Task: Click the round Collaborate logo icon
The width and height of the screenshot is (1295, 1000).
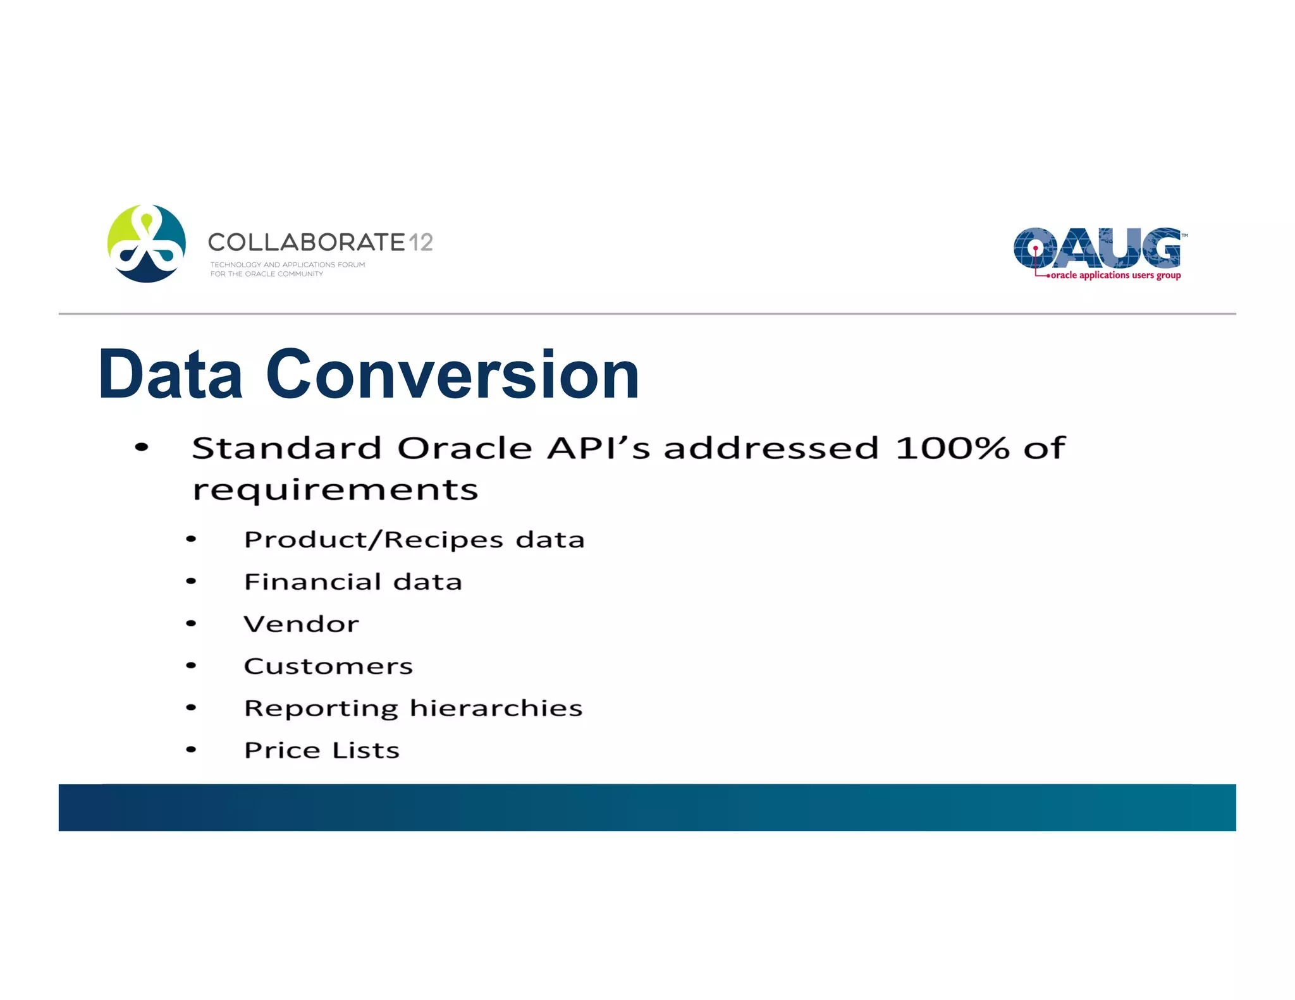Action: click(x=147, y=243)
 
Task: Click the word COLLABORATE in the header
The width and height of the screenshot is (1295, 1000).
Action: click(x=306, y=242)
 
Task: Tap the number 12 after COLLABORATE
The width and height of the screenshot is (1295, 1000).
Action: click(x=420, y=242)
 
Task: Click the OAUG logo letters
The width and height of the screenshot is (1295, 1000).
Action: click(x=1097, y=248)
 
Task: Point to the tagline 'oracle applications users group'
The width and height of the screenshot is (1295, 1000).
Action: click(x=1115, y=276)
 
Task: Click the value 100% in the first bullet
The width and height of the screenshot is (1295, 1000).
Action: click(x=952, y=448)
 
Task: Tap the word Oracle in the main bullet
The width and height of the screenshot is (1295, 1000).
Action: click(x=465, y=448)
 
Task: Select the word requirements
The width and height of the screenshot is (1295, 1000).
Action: click(x=335, y=491)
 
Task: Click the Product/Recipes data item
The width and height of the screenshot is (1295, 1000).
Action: click(x=414, y=540)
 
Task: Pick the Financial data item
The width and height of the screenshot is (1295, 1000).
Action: click(x=353, y=582)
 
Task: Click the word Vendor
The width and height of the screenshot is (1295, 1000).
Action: click(x=301, y=624)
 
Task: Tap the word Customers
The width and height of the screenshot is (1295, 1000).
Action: click(x=328, y=666)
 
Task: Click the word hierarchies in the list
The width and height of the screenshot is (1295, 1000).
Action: click(x=496, y=708)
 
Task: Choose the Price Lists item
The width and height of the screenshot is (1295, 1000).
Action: click(x=322, y=750)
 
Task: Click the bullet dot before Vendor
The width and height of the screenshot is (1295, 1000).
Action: click(x=191, y=624)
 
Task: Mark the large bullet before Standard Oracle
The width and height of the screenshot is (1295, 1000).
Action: click(x=142, y=448)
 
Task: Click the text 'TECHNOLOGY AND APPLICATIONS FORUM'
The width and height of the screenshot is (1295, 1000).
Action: click(x=288, y=265)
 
